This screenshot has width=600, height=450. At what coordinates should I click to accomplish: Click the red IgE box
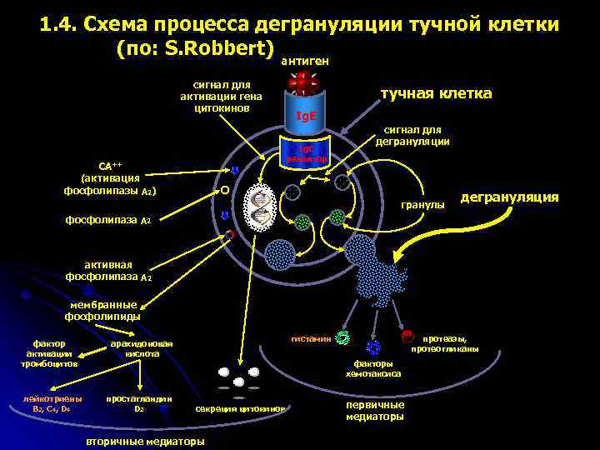tap(306, 116)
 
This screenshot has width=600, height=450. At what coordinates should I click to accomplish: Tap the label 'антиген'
tap(304, 61)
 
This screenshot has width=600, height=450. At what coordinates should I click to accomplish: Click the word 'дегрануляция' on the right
tap(509, 197)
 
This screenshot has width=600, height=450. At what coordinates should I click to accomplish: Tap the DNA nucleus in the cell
tap(262, 206)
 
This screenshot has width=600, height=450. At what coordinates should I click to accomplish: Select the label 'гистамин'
tap(310, 338)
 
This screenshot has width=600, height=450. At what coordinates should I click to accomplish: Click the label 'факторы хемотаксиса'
tap(373, 368)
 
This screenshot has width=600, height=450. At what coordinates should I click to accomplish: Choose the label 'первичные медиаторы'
tap(375, 409)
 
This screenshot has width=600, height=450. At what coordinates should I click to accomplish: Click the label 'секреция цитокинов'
tap(242, 409)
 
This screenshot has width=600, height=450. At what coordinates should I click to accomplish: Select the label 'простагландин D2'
tap(139, 403)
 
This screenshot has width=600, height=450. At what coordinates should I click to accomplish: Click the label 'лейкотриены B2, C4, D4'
tap(52, 403)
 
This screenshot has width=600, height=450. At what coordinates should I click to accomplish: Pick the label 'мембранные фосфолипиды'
tap(102, 310)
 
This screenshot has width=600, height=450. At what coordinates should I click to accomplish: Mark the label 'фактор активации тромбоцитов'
tap(52, 352)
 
